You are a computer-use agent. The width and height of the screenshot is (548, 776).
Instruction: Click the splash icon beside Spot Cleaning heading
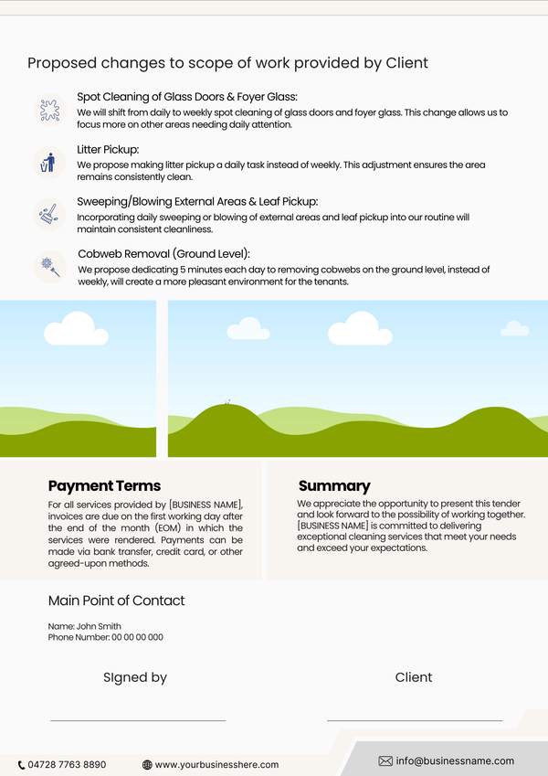49,111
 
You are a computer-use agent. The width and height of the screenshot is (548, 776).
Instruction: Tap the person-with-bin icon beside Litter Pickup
48,163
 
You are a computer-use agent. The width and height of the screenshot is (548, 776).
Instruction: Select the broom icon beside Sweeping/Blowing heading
48,215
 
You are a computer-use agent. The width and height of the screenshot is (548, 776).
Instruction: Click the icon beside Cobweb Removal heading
49,267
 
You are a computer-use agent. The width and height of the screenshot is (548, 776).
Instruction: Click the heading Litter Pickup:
108,149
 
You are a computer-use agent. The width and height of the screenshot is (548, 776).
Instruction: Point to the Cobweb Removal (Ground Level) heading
163,254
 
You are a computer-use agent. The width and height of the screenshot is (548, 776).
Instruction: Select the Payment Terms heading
104,486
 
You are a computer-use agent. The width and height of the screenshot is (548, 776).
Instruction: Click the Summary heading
334,486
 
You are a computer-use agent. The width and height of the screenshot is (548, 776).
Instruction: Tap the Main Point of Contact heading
116,601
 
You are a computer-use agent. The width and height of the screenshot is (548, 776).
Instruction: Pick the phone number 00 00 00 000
137,637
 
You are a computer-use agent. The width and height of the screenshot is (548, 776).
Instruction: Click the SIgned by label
135,677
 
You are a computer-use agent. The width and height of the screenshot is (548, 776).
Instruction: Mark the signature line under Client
414,720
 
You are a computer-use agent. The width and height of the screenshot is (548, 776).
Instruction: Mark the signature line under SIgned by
137,720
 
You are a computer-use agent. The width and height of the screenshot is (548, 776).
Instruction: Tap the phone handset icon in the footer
21,764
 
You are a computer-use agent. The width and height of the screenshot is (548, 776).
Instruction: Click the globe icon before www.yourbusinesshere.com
147,764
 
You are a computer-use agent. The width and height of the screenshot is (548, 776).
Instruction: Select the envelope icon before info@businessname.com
385,760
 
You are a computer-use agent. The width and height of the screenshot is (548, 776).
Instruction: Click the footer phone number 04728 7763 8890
67,764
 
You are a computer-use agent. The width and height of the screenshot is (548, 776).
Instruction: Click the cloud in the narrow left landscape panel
76,328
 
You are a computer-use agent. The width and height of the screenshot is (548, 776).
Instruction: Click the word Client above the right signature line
414,677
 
